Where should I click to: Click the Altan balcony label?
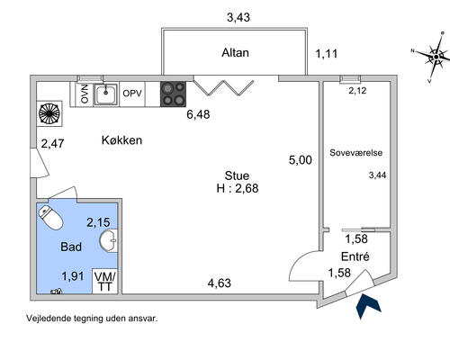pyautogui.click(x=236, y=53)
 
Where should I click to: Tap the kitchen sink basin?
pyautogui.click(x=106, y=94)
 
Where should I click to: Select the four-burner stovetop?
pyautogui.click(x=173, y=94)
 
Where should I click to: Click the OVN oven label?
pyautogui.click(x=85, y=94)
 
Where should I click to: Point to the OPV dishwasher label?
pyautogui.click(x=132, y=94)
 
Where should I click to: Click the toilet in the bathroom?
pyautogui.click(x=50, y=218)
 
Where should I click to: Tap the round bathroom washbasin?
pyautogui.click(x=108, y=240)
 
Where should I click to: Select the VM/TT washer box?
pyautogui.click(x=104, y=281)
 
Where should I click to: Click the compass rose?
pyautogui.click(x=436, y=57)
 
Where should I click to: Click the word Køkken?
pyautogui.click(x=121, y=140)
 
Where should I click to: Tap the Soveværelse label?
pyautogui.click(x=356, y=153)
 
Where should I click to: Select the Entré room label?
pyautogui.click(x=355, y=256)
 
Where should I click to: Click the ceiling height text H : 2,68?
pyautogui.click(x=238, y=188)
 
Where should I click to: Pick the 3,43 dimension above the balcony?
pyautogui.click(x=238, y=17)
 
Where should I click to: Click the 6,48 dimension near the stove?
pyautogui.click(x=198, y=114)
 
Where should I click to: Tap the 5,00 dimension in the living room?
pyautogui.click(x=301, y=160)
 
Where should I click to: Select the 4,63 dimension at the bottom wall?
pyautogui.click(x=220, y=283)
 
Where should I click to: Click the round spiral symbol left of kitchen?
pyautogui.click(x=49, y=113)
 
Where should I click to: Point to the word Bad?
pyautogui.click(x=71, y=247)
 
